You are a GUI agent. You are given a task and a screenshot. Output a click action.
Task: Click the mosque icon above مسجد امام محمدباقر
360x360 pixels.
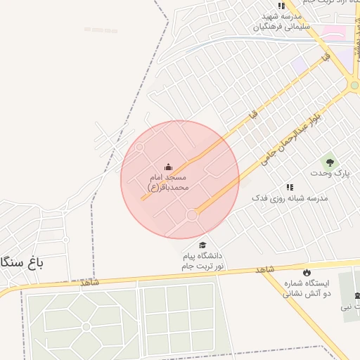[x=168, y=167]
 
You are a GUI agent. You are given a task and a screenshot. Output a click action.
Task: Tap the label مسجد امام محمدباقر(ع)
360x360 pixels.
[x=168, y=184]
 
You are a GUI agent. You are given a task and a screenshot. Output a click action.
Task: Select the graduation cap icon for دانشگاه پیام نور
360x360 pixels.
[x=202, y=245]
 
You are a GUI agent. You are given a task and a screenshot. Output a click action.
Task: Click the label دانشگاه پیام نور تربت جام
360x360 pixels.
[x=202, y=261]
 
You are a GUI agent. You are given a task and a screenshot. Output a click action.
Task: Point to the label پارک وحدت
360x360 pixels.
[x=330, y=173]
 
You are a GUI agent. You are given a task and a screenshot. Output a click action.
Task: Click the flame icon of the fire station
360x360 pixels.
[x=307, y=272]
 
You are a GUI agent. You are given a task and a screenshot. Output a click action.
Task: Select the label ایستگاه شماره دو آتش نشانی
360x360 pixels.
[x=307, y=288]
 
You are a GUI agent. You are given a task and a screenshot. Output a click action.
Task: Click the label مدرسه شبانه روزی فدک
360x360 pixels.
[x=290, y=198]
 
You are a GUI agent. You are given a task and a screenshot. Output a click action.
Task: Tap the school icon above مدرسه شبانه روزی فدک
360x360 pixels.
[x=289, y=187]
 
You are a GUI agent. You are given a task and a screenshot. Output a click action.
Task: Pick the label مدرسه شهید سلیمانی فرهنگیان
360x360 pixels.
[x=281, y=21]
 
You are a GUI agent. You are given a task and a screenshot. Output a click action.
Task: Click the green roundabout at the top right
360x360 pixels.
[x=354, y=86]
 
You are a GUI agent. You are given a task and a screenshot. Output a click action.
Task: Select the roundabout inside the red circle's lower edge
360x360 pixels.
[x=191, y=215]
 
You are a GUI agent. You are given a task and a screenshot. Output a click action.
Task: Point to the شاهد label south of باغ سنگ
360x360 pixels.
[x=89, y=283]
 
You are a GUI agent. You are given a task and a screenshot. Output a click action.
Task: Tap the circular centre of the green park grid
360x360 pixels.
[x=86, y=327]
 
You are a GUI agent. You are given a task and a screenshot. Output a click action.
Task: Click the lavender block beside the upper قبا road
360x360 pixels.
[x=300, y=64]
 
